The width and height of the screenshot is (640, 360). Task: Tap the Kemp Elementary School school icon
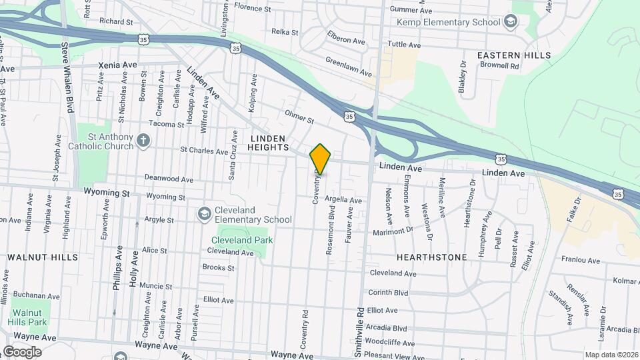[511, 22]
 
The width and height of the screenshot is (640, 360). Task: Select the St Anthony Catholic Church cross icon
[143, 141]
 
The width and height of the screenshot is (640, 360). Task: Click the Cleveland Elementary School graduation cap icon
[204, 213]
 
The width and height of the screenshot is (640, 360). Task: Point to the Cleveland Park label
[242, 240]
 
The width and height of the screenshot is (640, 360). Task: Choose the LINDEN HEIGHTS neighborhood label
[269, 142]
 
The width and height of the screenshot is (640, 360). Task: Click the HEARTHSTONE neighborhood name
[431, 257]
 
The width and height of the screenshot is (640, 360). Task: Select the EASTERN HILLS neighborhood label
[514, 55]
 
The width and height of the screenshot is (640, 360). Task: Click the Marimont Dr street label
[393, 231]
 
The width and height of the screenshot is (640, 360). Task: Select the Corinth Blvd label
[387, 293]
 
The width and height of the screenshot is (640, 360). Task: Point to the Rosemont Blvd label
[330, 229]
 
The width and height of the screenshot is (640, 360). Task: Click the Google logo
[22, 351]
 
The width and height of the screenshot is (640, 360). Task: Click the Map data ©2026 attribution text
[611, 355]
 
